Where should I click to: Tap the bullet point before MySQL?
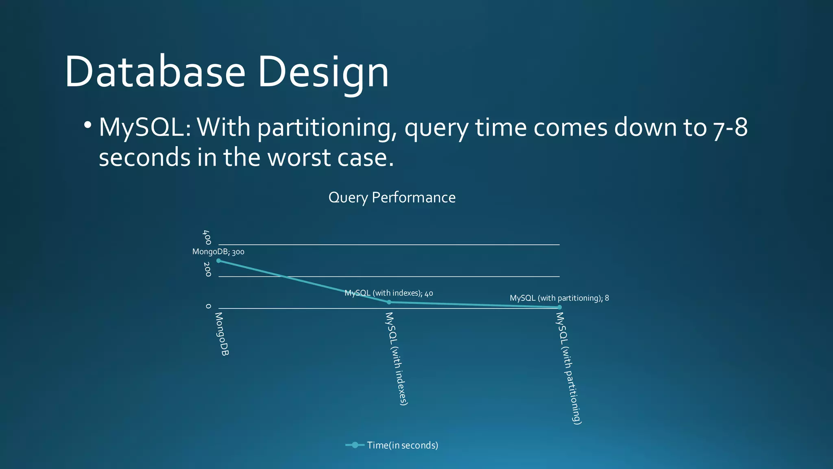(x=87, y=125)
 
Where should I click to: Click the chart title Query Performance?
(x=392, y=197)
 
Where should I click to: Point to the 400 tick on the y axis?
(x=207, y=237)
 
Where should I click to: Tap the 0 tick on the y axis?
(x=208, y=306)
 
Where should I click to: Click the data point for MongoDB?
(x=218, y=261)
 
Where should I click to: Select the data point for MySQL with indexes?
(x=389, y=302)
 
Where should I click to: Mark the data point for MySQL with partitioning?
(x=559, y=307)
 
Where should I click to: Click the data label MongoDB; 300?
(x=218, y=252)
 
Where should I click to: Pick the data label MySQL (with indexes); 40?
(x=388, y=293)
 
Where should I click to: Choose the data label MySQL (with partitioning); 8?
(x=559, y=298)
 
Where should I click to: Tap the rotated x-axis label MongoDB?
(x=222, y=334)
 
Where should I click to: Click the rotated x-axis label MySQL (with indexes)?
(x=396, y=359)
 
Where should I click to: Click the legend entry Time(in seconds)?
(x=392, y=445)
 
